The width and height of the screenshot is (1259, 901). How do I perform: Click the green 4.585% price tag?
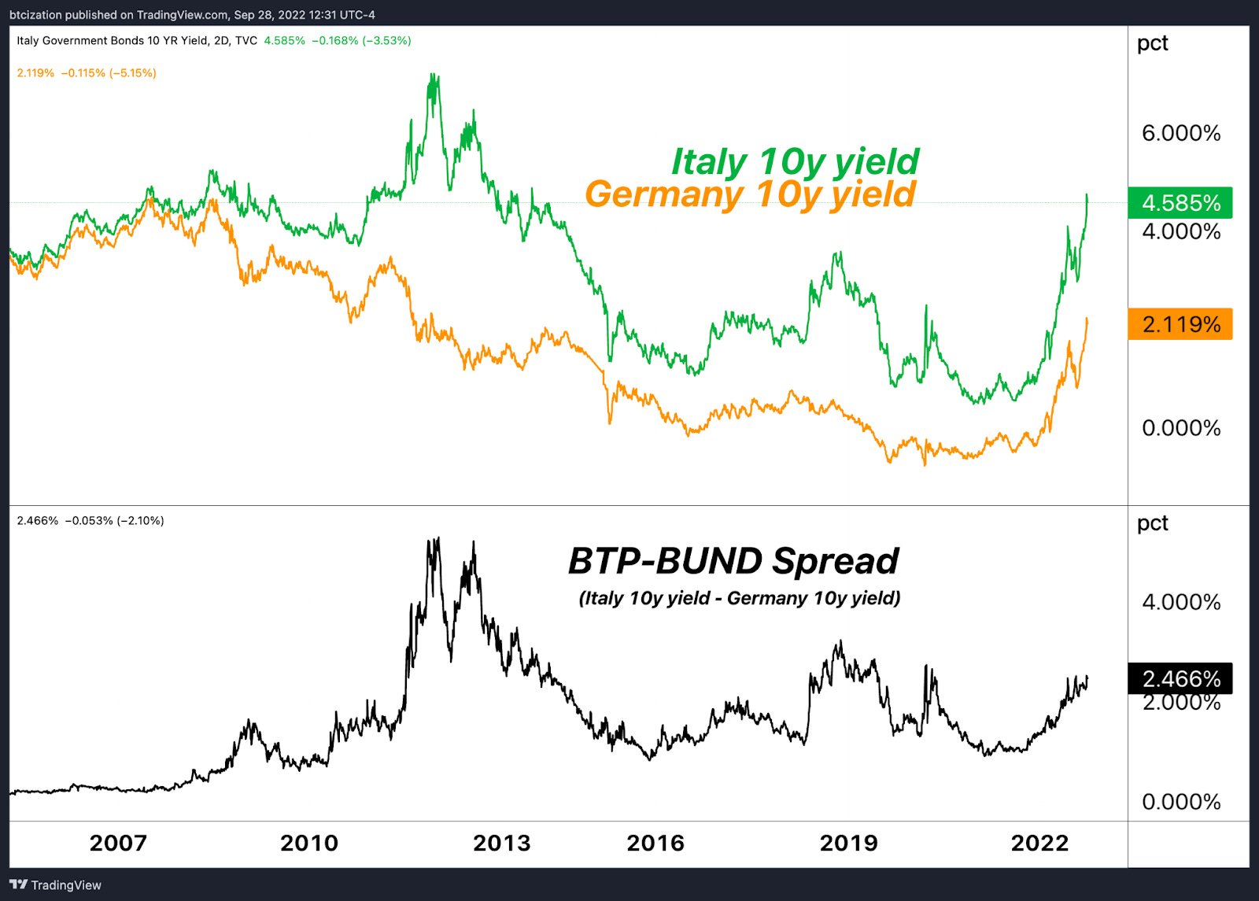1180,203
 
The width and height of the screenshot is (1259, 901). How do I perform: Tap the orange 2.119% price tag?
1180,324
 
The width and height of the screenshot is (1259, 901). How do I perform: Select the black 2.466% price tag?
1180,678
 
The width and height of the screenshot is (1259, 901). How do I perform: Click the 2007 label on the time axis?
118,843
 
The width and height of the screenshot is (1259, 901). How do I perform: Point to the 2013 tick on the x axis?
501,843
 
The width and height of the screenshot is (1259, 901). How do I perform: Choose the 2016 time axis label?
655,843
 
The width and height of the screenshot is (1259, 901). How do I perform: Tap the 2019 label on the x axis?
848,843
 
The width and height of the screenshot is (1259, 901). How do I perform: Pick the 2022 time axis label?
1039,843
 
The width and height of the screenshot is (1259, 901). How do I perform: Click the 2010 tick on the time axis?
309,843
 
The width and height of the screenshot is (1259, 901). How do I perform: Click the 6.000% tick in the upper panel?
1181,133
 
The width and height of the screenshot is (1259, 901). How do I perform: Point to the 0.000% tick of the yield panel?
1181,428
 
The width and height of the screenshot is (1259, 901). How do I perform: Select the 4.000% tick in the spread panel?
1181,602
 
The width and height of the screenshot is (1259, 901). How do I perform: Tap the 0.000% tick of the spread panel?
1181,802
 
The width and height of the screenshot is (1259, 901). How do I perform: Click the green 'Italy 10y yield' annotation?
795,162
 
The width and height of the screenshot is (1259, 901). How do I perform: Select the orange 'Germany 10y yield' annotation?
750,194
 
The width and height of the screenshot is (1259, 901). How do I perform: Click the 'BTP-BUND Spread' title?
733,561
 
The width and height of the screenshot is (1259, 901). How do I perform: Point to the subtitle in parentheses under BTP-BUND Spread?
740,598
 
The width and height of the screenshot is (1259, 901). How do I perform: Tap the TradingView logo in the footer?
56,885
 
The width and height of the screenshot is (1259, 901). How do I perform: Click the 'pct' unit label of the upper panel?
1152,43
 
